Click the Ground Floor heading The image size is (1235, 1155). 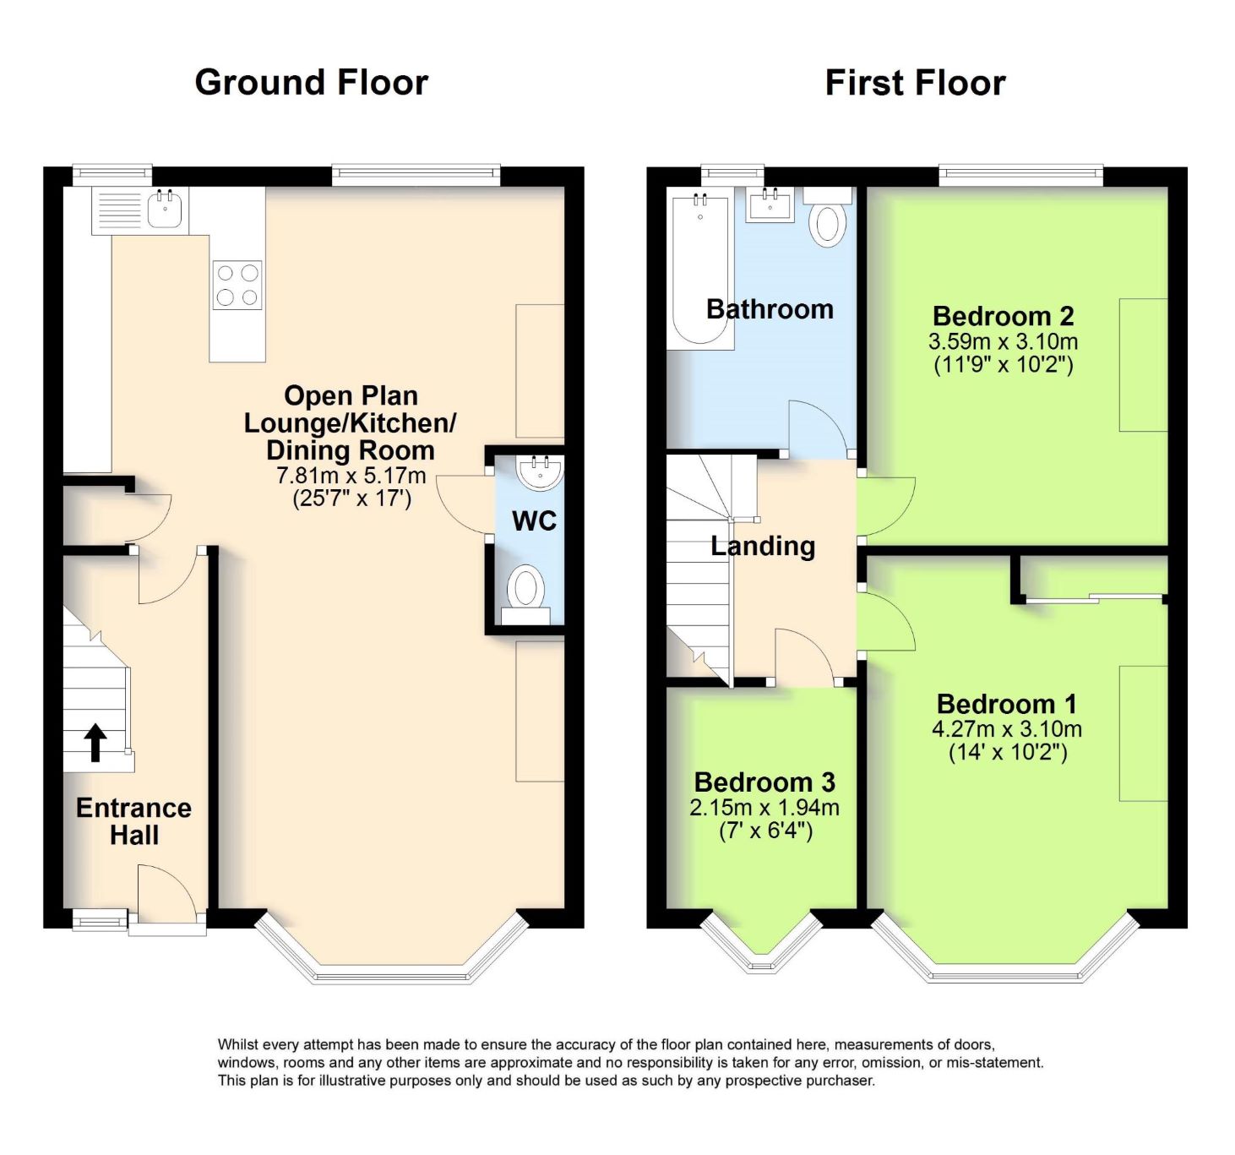[312, 83]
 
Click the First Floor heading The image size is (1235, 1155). [915, 83]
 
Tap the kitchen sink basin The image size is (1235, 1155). [166, 210]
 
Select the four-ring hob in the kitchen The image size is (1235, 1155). [237, 285]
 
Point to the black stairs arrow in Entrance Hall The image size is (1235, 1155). [95, 743]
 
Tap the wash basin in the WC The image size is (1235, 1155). [540, 472]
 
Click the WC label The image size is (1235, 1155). [534, 520]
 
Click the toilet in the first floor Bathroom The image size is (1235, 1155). [829, 217]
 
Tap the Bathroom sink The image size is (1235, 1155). [770, 204]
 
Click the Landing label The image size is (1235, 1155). [763, 546]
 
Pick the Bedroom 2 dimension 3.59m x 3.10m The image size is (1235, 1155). [1003, 341]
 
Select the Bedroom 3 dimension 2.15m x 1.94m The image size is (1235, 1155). [764, 807]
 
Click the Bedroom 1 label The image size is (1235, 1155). [1006, 704]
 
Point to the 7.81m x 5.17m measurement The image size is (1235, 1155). [351, 476]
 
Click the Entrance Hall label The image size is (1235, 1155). [133, 820]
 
